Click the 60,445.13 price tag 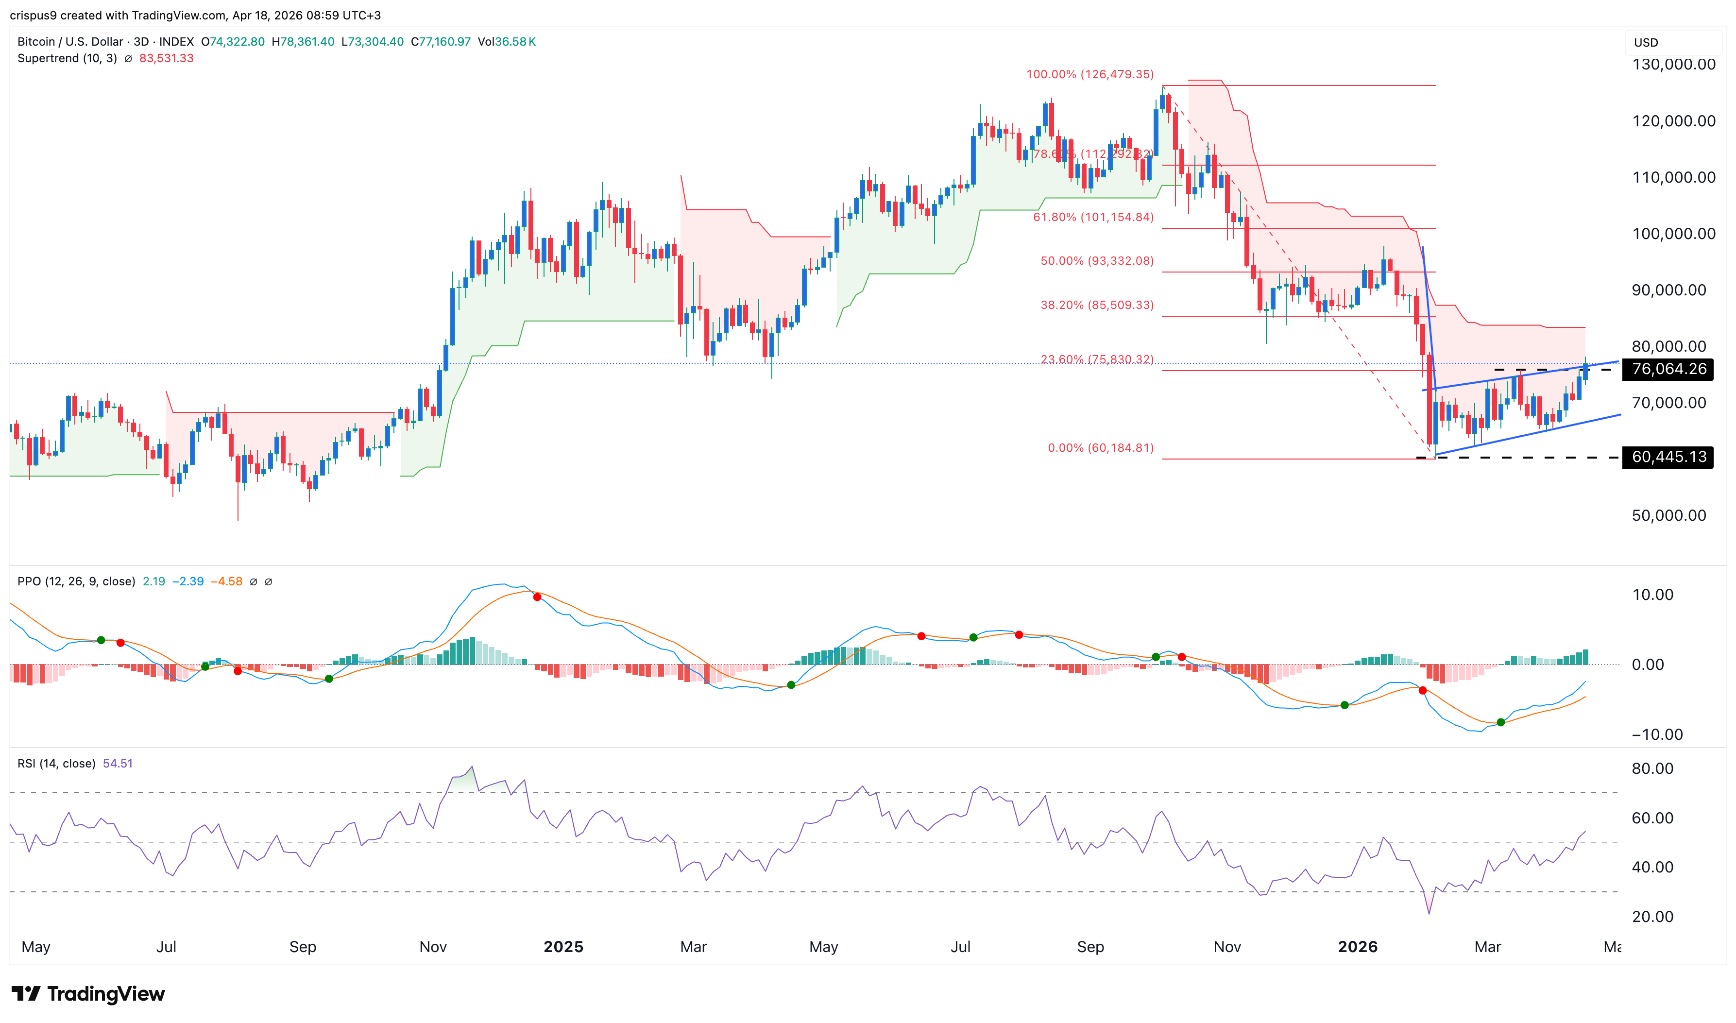point(1668,457)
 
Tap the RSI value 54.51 point(118,763)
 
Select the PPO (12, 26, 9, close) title point(76,581)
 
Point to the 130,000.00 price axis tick point(1673,65)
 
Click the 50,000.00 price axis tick point(1668,516)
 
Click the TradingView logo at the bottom point(88,993)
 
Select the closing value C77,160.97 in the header point(441,41)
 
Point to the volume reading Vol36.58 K point(507,41)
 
